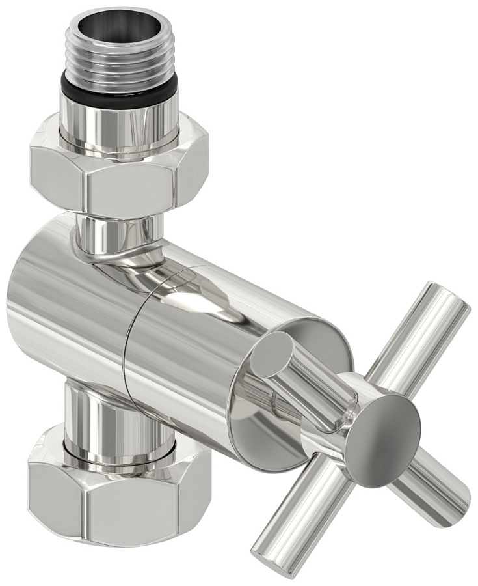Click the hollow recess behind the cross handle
[260, 417]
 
